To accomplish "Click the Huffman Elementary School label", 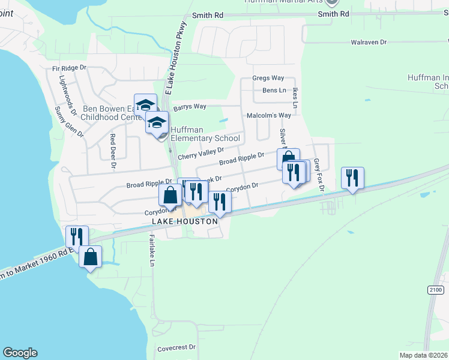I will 205,134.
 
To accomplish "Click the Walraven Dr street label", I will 369,43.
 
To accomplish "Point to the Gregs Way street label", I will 268,78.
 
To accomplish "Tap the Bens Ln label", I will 274,90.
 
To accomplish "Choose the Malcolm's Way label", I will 269,115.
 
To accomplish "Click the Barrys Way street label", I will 190,107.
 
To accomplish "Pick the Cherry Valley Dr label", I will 200,153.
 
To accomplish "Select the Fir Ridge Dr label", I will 70,68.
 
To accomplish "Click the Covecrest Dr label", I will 176,347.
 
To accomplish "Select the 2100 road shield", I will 435,290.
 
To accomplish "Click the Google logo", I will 20,353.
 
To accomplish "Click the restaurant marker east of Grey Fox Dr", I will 352,178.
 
